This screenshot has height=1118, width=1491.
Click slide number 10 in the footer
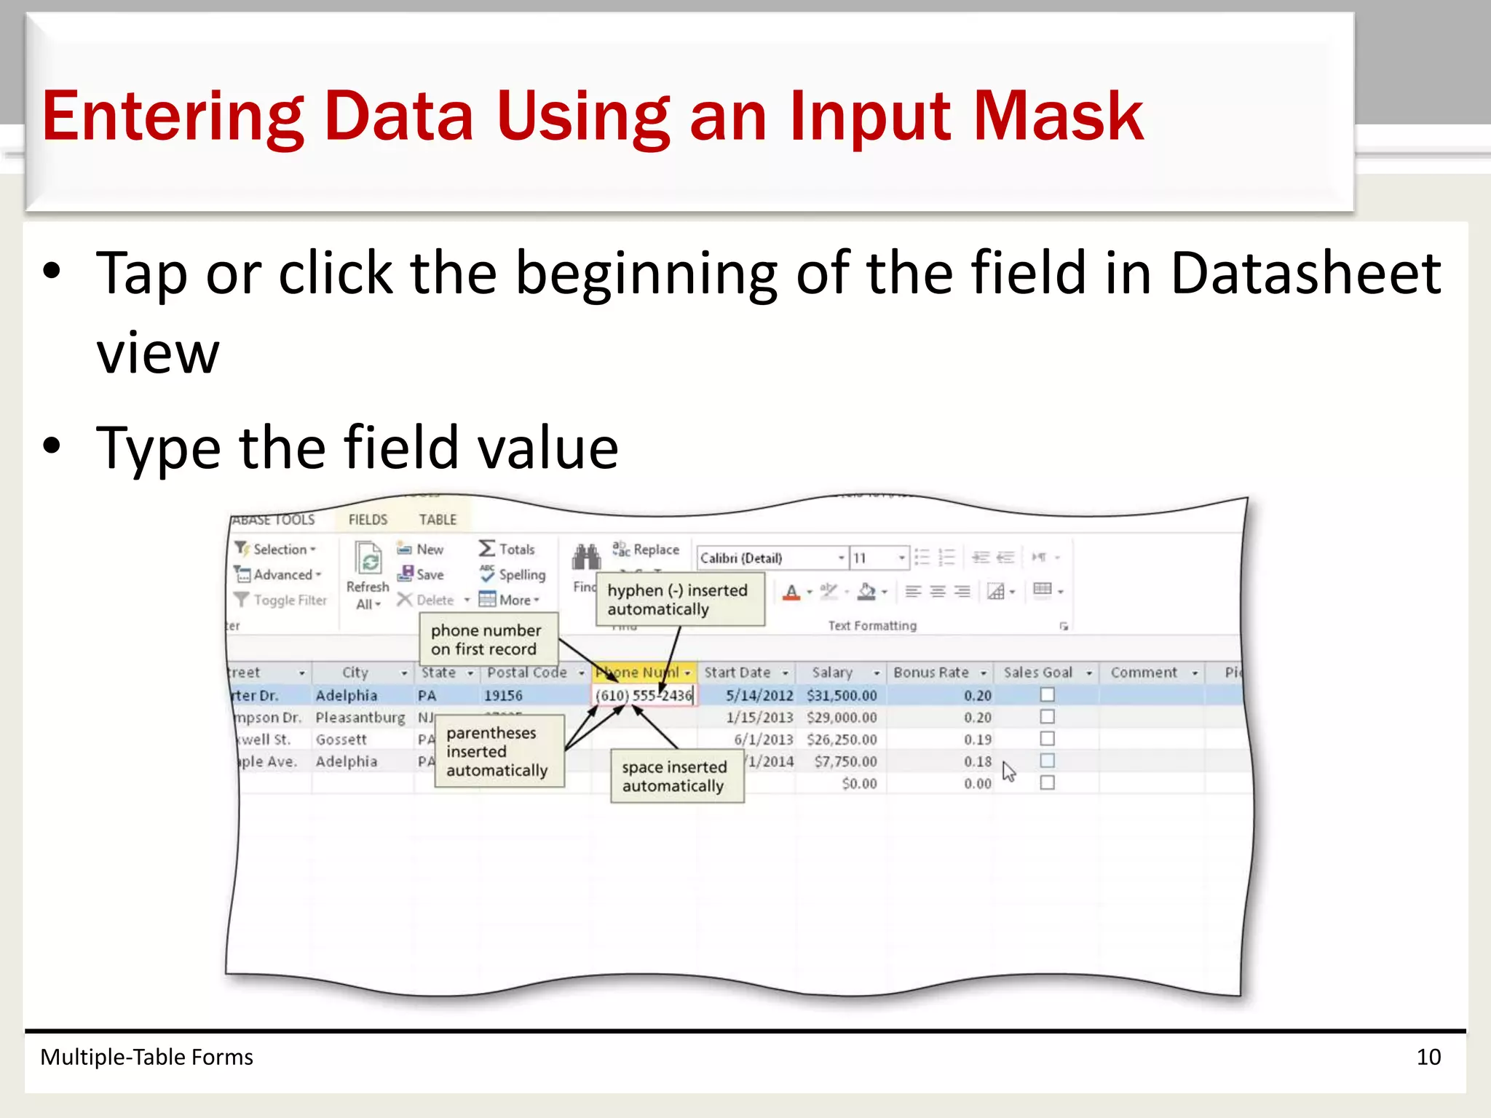[1428, 1057]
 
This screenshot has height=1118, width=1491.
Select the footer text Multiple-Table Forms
[146, 1057]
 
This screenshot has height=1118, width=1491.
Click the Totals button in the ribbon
[507, 549]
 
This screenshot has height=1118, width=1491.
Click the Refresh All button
[368, 575]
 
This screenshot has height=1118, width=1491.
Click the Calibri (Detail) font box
[768, 558]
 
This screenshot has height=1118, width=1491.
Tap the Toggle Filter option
[281, 600]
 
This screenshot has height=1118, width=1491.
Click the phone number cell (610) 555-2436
[644, 695]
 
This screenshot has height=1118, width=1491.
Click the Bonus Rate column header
[931, 673]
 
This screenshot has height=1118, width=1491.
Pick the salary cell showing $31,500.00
[842, 695]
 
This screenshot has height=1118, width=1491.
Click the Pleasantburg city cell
[360, 718]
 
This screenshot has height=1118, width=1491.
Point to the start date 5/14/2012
[759, 695]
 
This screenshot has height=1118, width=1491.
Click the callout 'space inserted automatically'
[676, 776]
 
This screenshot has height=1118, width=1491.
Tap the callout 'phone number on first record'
[486, 640]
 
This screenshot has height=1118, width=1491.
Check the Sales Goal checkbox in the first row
[1047, 694]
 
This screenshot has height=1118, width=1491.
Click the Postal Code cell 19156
[503, 695]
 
